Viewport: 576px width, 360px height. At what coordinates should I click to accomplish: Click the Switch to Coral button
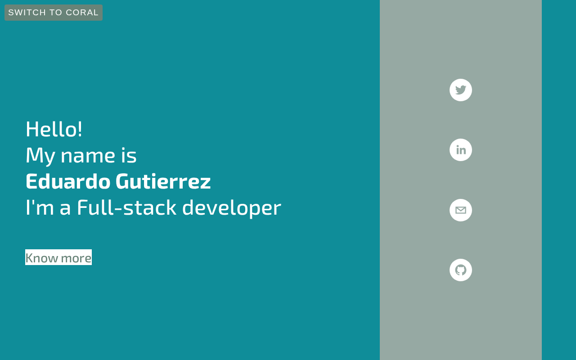coord(54,13)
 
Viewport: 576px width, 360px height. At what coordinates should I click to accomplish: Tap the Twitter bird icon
coord(460,90)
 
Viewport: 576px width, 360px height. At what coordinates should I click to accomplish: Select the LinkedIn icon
coord(460,150)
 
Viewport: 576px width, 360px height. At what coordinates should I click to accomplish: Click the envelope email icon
coord(460,210)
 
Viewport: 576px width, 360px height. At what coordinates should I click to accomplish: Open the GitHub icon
coord(460,270)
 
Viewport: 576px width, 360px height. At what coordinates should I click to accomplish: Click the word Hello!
coord(54,129)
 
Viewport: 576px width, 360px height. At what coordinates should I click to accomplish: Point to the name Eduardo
coord(68,181)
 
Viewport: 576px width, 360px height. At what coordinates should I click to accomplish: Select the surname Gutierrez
coord(163,181)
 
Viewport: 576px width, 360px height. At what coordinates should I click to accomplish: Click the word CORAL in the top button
coord(82,13)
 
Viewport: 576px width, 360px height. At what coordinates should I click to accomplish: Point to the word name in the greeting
coord(88,156)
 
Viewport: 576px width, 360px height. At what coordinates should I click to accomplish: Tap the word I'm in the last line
coord(40,207)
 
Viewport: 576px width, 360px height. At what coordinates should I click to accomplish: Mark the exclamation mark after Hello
coord(80,129)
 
